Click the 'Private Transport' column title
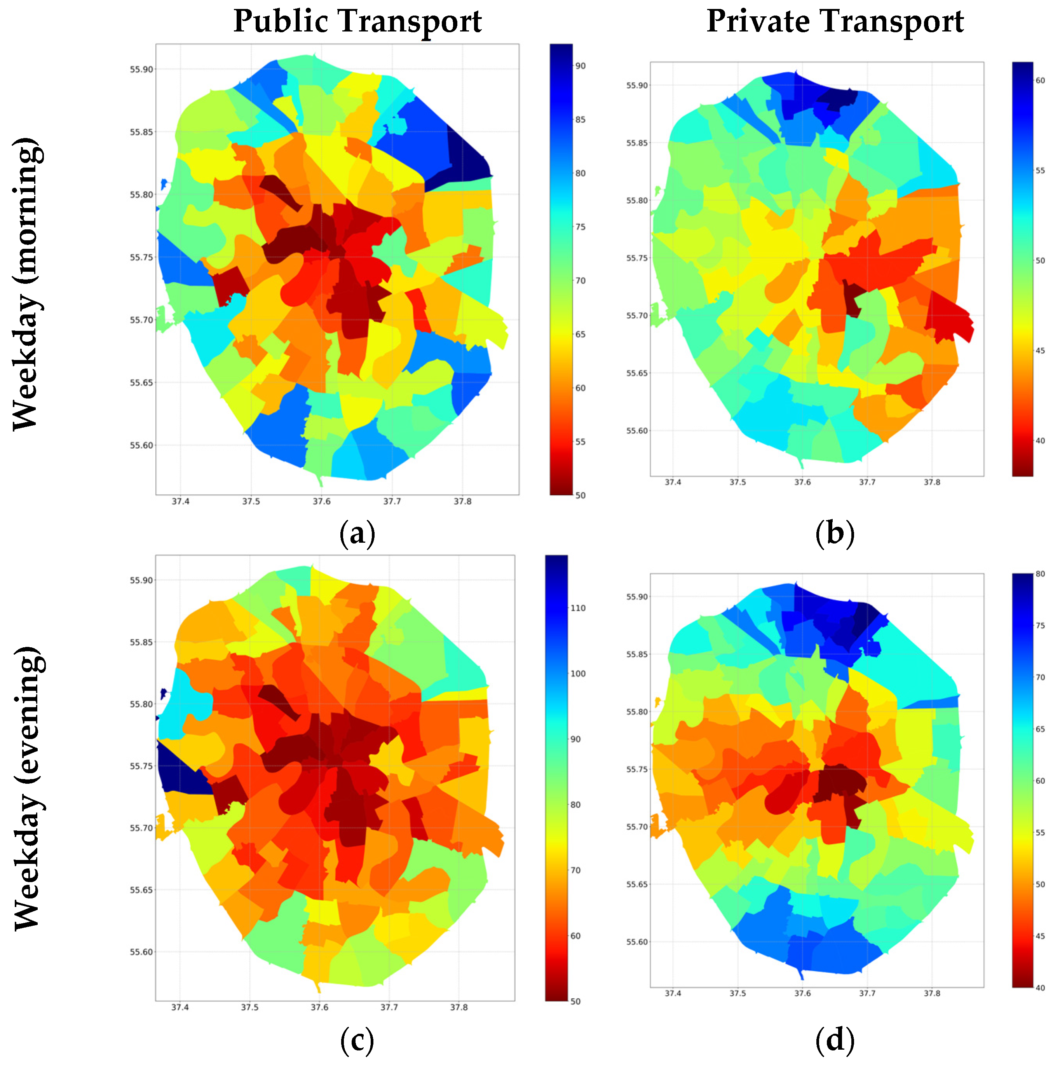[x=835, y=22]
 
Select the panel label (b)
[x=835, y=533]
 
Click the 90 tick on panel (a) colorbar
[x=580, y=66]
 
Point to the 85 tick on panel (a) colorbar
[x=580, y=120]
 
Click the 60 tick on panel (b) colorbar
[x=1040, y=80]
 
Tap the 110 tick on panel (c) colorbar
[x=577, y=608]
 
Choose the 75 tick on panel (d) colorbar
[x=1040, y=626]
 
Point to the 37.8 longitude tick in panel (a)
[x=462, y=502]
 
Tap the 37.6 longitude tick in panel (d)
[x=803, y=993]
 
